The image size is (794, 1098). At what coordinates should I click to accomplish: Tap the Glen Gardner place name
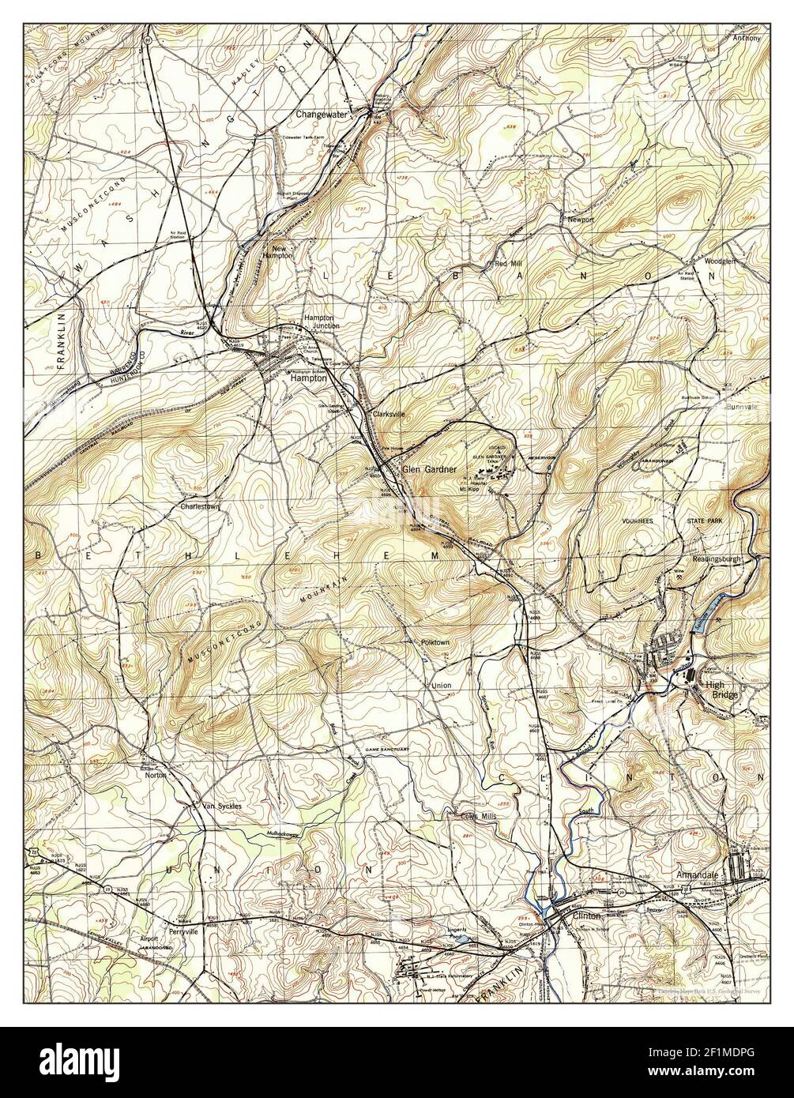tap(430, 469)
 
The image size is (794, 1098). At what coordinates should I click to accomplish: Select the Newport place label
tap(580, 220)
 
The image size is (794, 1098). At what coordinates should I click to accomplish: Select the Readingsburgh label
tap(717, 558)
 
